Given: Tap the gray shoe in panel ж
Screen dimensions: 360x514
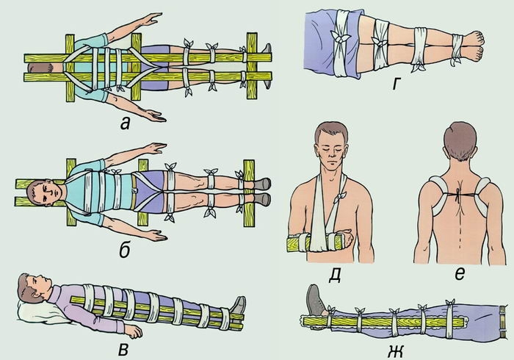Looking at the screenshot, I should click(315, 300).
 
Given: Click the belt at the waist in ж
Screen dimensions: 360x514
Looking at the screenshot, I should click(500, 322).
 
